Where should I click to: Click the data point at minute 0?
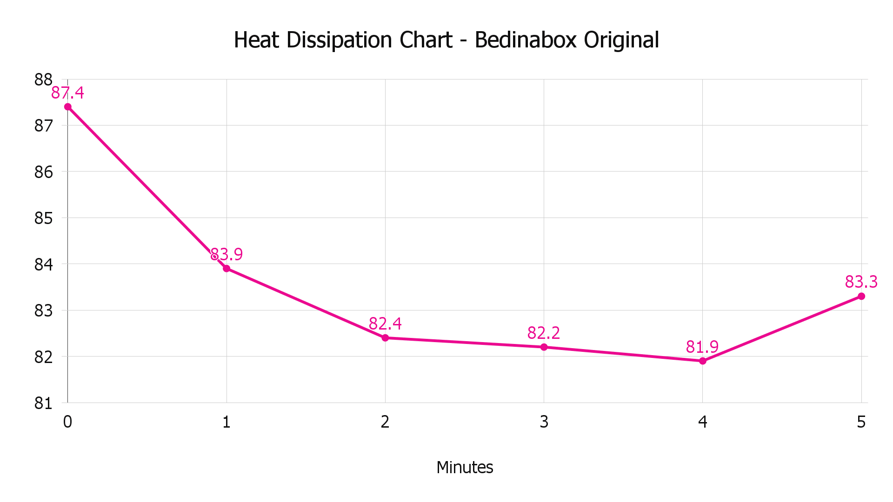pyautogui.click(x=68, y=107)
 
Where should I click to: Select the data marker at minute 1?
pyautogui.click(x=227, y=269)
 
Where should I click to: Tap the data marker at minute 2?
pyautogui.click(x=385, y=338)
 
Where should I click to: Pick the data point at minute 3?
pyautogui.click(x=544, y=347)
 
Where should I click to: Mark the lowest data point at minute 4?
pyautogui.click(x=703, y=361)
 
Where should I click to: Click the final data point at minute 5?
pyautogui.click(x=861, y=296)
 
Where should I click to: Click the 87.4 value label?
pyautogui.click(x=67, y=93)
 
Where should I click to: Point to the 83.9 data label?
pyautogui.click(x=227, y=254)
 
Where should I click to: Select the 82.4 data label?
pyautogui.click(x=385, y=324)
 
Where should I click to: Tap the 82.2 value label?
pyautogui.click(x=544, y=333)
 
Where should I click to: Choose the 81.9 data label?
pyautogui.click(x=702, y=347)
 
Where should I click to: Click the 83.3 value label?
pyautogui.click(x=861, y=282)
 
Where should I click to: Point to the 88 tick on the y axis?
pyautogui.click(x=43, y=80)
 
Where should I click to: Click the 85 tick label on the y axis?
pyautogui.click(x=43, y=218)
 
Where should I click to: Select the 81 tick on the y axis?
pyautogui.click(x=43, y=403)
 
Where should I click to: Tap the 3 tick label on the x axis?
pyautogui.click(x=544, y=422)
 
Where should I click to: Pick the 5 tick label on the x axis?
pyautogui.click(x=861, y=422)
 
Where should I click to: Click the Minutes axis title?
pyautogui.click(x=465, y=467)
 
